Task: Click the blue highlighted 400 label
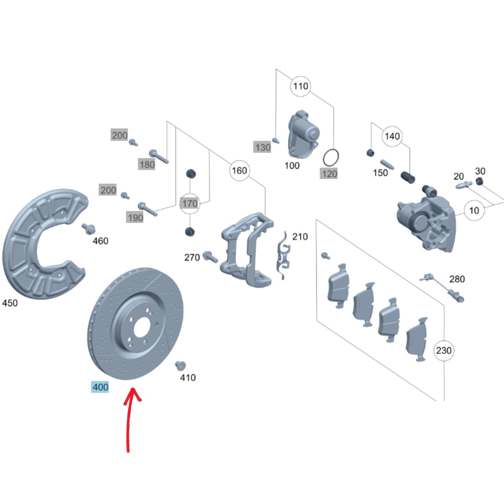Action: pyautogui.click(x=100, y=387)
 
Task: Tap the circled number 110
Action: pyautogui.click(x=300, y=86)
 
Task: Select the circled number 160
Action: pyautogui.click(x=239, y=170)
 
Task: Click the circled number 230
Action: pyautogui.click(x=444, y=350)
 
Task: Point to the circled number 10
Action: pyautogui.click(x=474, y=210)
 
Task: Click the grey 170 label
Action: pyautogui.click(x=190, y=204)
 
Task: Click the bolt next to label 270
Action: pyautogui.click(x=210, y=257)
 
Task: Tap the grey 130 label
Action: pyautogui.click(x=262, y=147)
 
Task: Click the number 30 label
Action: pyautogui.click(x=480, y=171)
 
